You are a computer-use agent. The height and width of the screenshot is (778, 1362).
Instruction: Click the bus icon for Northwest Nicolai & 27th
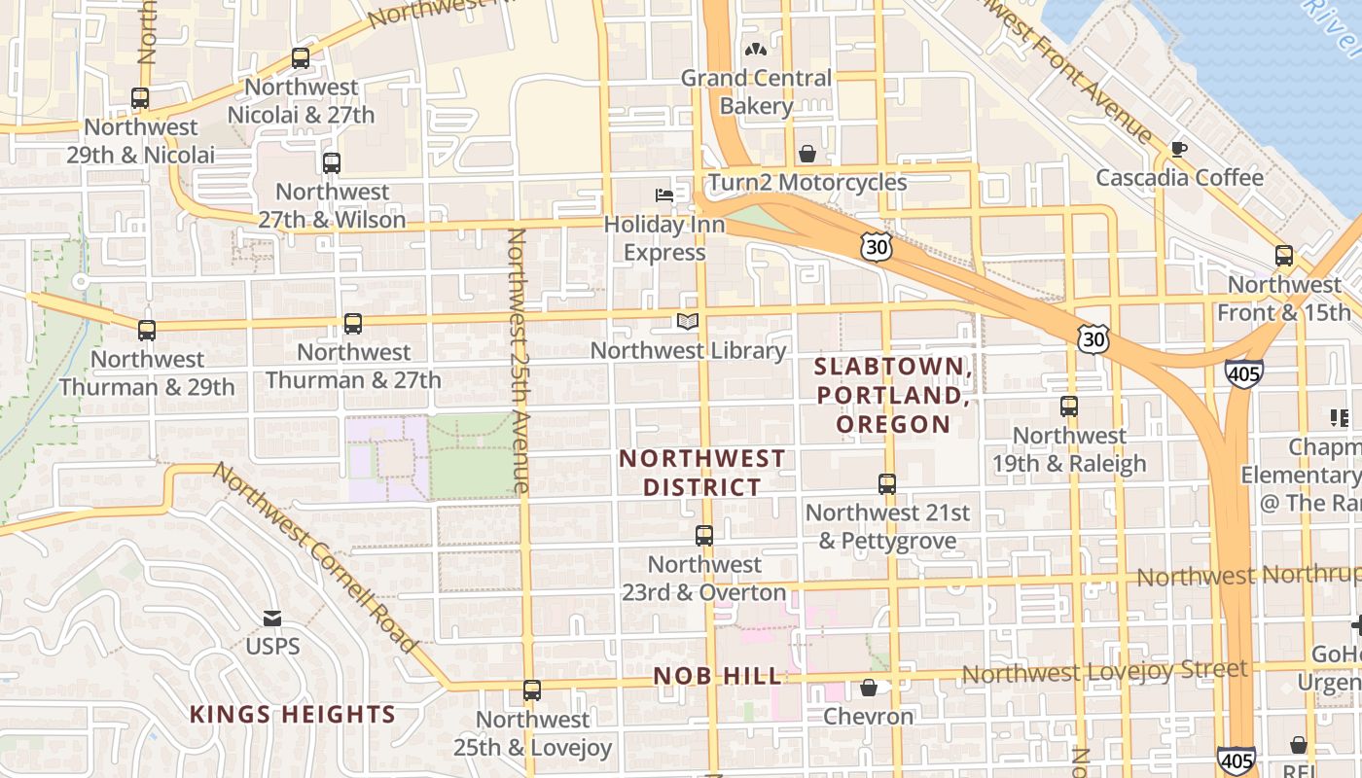pos(301,58)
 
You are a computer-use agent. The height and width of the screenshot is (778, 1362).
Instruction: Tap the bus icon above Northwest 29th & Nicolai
pos(140,98)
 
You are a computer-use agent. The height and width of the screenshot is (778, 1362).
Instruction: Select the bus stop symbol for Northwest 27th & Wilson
pos(332,162)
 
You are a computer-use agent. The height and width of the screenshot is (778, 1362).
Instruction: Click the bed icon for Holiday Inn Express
pos(664,195)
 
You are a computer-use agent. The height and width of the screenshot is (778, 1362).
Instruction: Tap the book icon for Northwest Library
pos(688,322)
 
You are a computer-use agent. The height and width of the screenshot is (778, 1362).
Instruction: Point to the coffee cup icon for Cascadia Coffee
pos(1179,149)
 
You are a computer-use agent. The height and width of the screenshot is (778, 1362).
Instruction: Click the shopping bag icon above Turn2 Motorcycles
pos(807,154)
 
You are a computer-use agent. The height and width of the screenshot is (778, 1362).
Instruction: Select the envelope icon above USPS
pos(272,619)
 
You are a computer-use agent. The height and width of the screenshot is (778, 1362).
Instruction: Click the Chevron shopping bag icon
pos(869,689)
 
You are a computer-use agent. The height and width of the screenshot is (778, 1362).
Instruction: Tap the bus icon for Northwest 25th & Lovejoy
pos(532,690)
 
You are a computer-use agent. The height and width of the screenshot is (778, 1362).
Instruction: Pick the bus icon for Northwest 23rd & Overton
pos(704,536)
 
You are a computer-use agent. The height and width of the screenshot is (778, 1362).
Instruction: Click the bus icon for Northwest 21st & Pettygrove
pos(887,483)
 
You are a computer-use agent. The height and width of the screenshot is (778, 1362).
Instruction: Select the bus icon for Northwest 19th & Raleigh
pos(1069,407)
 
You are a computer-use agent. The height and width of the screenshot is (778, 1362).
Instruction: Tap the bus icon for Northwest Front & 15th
pos(1284,256)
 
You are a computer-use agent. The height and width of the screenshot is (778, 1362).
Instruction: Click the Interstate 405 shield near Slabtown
pos(1244,373)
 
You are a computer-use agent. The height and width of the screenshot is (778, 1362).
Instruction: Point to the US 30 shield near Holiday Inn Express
pos(877,247)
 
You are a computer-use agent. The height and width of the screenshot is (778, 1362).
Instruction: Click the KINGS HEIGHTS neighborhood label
pos(293,715)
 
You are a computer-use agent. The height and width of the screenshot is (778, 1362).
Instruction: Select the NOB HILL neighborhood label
pos(718,676)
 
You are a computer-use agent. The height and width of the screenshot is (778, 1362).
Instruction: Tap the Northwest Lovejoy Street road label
pos(1104,671)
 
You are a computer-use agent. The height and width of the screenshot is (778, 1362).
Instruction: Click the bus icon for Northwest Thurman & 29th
pos(147,331)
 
